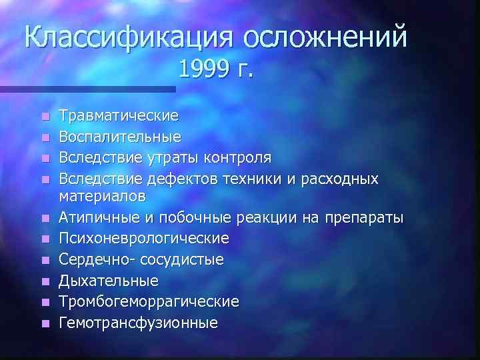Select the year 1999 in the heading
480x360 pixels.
205,69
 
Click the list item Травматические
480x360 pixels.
119,116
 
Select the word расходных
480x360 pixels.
342,179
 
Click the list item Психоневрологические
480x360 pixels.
144,238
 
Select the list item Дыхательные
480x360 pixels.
109,280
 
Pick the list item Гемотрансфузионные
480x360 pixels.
138,323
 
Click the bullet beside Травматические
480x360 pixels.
45,117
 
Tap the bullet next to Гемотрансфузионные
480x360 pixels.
45,323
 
